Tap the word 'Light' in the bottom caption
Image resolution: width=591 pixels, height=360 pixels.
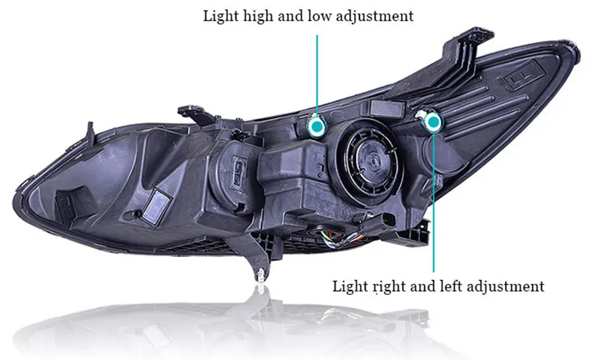[349, 286]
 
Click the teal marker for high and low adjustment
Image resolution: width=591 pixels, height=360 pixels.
[317, 125]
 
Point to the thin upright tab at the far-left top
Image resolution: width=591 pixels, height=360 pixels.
[87, 135]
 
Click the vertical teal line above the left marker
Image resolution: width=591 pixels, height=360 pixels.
[317, 72]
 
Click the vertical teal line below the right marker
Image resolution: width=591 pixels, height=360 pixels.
[433, 197]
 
